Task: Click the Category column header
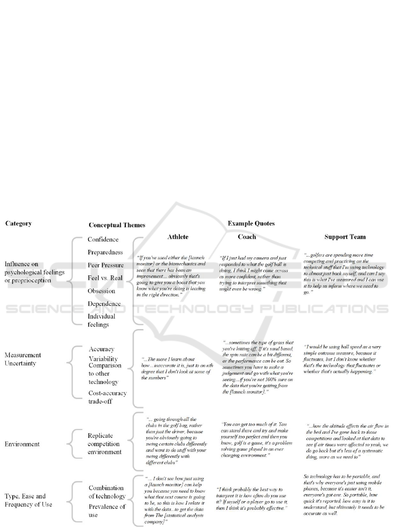point(18,223)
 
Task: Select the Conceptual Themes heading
point(117,225)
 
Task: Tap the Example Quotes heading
point(251,223)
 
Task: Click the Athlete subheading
point(178,237)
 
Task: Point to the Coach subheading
point(247,237)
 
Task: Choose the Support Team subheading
point(345,237)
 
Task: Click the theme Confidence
point(103,240)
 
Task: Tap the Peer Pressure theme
point(106,265)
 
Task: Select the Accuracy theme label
point(102,349)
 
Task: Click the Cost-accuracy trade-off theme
point(108,397)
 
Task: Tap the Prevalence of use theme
point(107,510)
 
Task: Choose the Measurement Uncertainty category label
point(23,359)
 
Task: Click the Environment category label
point(22,444)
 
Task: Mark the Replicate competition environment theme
point(105,444)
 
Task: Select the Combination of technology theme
point(107,492)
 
